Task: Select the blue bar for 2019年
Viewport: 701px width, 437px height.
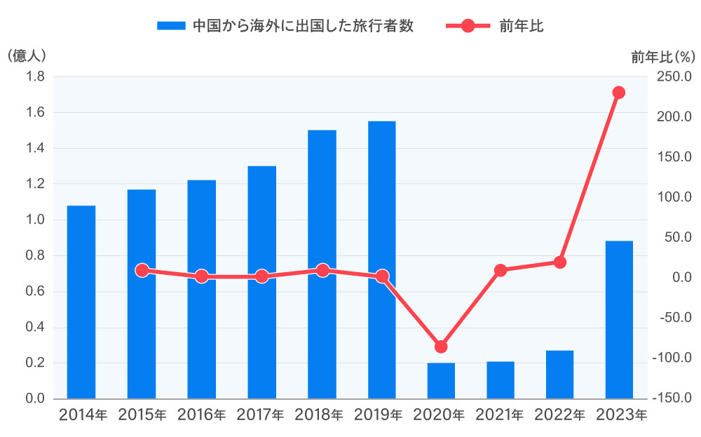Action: coord(382,260)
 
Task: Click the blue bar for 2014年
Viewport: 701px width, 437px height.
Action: coord(81,302)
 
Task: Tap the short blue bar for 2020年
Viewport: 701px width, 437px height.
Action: coord(441,381)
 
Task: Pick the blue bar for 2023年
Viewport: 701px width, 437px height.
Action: coord(619,320)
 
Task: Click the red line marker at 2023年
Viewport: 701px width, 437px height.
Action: coord(619,93)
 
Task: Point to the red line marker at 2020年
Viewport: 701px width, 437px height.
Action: coord(441,347)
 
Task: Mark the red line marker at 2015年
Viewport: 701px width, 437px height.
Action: coord(142,270)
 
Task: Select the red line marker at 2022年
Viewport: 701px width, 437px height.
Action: coord(560,262)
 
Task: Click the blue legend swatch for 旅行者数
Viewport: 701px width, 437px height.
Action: coord(171,26)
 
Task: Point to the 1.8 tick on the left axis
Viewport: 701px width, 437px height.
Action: coord(35,76)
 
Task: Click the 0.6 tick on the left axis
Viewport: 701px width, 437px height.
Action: coord(35,292)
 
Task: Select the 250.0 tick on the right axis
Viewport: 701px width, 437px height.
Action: coord(673,76)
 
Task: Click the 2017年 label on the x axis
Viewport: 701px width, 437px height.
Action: coord(261,415)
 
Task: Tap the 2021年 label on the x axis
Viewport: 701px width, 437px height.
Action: coord(501,415)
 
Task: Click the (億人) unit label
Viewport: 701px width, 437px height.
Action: coord(26,56)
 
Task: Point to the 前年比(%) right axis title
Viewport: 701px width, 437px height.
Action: coord(662,57)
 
